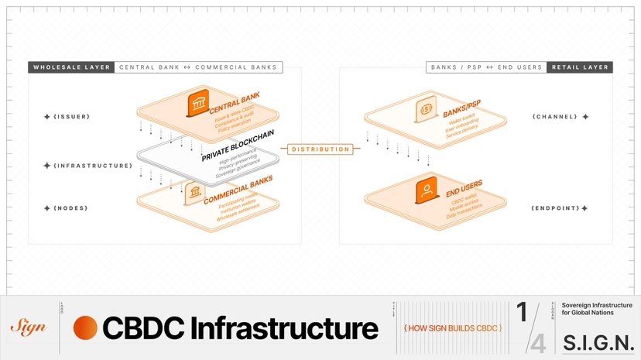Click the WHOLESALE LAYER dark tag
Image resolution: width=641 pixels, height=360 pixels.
pos(71,67)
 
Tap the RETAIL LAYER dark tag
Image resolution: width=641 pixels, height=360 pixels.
pos(580,67)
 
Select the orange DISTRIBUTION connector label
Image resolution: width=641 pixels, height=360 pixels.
pos(320,149)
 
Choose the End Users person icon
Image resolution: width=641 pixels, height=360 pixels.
pos(425,190)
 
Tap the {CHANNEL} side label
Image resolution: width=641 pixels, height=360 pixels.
pos(554,117)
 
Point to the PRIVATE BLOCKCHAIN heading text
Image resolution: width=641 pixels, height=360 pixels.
pos(238,146)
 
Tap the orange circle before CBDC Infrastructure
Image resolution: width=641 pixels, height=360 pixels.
pos(85,327)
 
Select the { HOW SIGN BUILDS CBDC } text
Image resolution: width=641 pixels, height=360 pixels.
pos(453,328)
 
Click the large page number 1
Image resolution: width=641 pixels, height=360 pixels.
pos(523,313)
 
